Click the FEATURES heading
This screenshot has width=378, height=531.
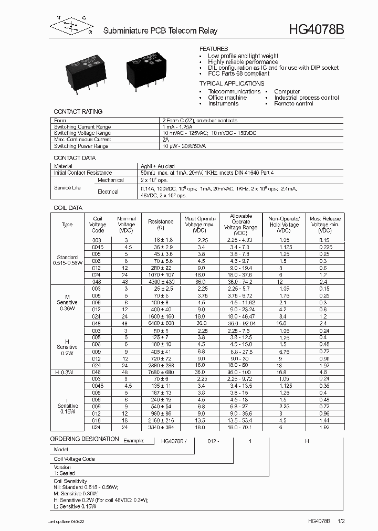(214, 48)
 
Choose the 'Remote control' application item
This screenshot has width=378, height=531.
(293, 104)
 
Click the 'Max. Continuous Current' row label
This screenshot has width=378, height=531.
(82, 140)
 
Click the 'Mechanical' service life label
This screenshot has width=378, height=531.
(110, 180)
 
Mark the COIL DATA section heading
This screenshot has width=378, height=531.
(68, 208)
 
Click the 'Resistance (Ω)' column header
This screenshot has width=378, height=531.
(161, 225)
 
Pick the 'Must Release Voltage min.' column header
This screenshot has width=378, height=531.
(325, 225)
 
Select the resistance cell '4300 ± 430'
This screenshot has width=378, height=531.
(161, 281)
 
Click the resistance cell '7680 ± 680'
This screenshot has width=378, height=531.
(161, 372)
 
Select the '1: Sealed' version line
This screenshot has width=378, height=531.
(65, 473)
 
